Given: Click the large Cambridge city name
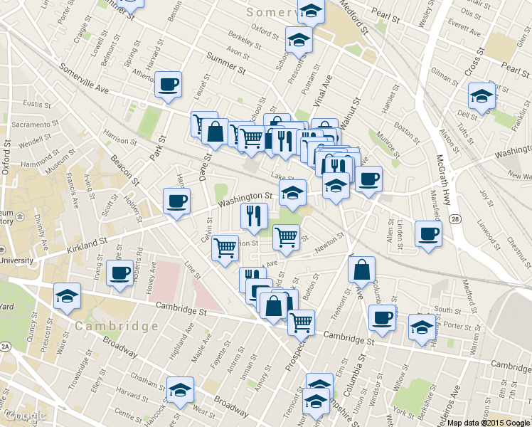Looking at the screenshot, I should click(115, 326).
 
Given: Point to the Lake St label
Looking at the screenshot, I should click(282, 177).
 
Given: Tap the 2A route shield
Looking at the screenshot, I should click(6, 347).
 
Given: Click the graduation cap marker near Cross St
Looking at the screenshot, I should click(482, 96).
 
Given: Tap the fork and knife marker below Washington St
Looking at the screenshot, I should click(254, 216).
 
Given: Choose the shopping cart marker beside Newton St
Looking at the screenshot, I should click(287, 237).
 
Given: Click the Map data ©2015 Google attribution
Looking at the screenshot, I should click(489, 422).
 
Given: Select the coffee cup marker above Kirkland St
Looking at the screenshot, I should click(176, 201).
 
